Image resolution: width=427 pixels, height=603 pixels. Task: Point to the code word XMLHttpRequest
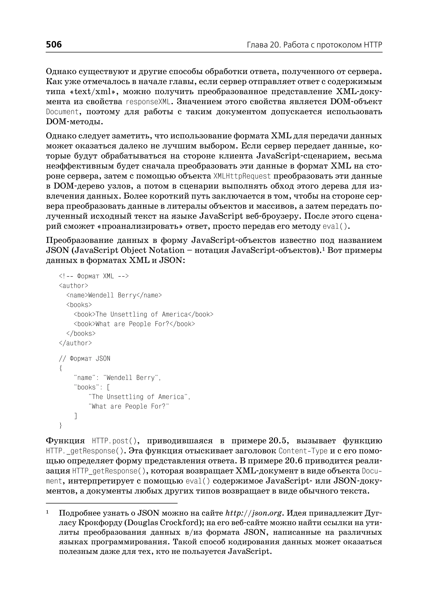[x=242, y=176]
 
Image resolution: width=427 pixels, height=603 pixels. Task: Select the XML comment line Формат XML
[x=94, y=276]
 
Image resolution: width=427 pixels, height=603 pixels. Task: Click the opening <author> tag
[x=73, y=286]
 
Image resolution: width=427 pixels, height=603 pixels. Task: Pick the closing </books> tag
[x=81, y=333]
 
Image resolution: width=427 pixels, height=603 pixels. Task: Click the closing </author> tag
[x=75, y=343]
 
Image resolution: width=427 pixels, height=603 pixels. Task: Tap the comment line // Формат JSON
[x=84, y=359]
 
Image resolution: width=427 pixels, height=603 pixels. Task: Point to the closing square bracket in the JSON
[x=76, y=416]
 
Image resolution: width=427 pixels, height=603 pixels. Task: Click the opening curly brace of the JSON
[x=61, y=368]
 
